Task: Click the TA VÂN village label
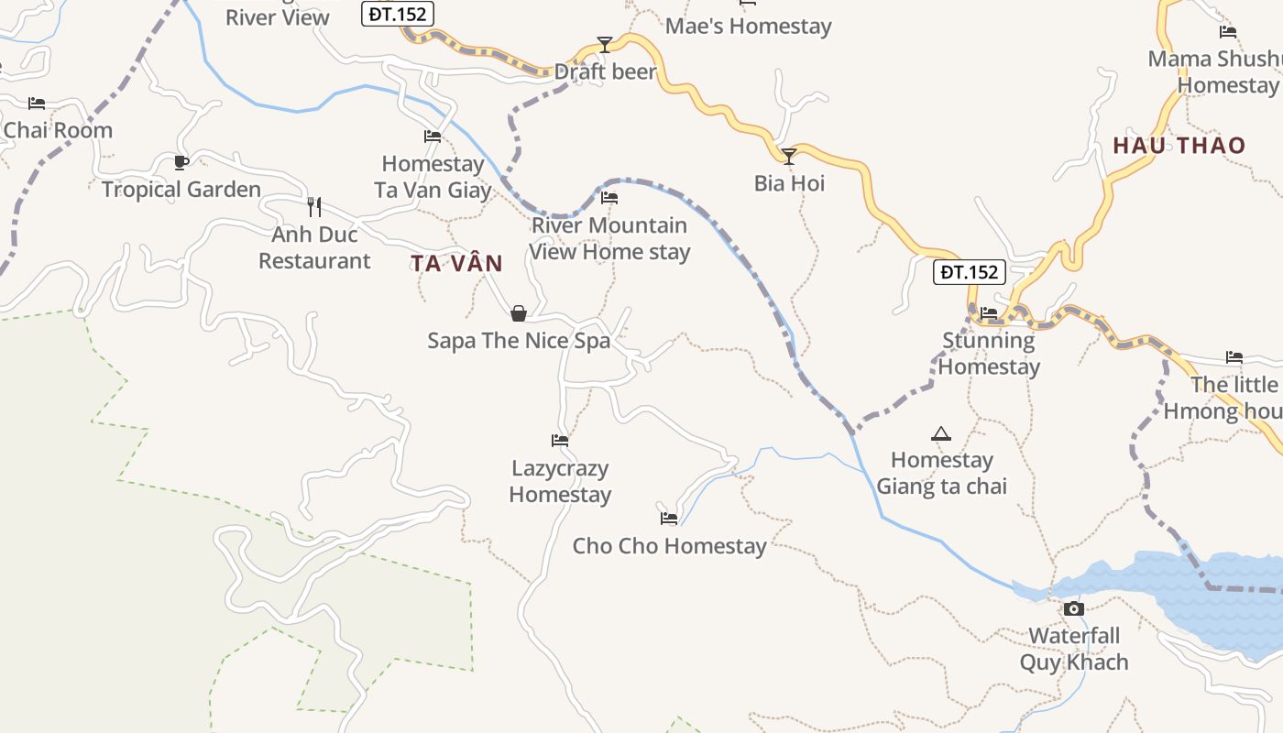456,264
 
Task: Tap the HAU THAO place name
1179,146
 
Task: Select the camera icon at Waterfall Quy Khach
1073,608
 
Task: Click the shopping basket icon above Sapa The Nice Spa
519,313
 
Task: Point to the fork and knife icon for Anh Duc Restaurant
314,206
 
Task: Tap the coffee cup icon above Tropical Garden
181,162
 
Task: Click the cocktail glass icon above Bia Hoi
788,156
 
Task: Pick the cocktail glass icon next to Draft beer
604,44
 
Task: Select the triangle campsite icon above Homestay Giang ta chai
941,433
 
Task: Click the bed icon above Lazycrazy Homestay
560,441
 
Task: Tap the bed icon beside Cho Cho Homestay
669,519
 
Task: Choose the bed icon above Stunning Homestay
989,313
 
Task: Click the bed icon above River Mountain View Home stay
609,198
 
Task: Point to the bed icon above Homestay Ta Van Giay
433,137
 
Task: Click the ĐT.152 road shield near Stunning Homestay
970,272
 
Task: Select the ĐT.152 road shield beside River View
398,14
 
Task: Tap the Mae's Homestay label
748,26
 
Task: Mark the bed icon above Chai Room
37,104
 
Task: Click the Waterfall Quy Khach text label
1074,649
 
